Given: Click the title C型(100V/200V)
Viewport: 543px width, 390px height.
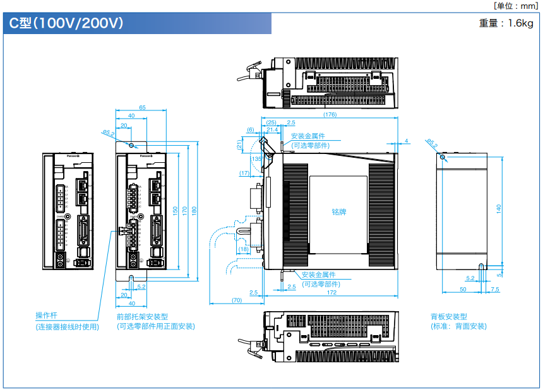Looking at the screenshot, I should pos(66,23).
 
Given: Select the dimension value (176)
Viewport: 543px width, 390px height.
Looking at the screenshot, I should pos(329,115).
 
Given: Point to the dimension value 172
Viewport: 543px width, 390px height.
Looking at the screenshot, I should pos(331,292).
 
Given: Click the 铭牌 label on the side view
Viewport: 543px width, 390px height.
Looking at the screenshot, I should pos(339,212).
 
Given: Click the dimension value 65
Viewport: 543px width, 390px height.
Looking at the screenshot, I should pos(142,108).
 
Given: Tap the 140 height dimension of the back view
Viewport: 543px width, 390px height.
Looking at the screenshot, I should pos(498,210).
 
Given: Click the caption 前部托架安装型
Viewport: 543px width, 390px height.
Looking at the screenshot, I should pos(142,317).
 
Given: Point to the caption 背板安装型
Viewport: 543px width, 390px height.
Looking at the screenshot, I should pos(449,317).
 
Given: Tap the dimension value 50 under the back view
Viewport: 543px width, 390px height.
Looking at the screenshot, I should pos(462,289).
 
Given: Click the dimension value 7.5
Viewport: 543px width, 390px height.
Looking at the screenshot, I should pos(494,289).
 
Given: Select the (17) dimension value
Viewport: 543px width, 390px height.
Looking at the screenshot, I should pos(245,173).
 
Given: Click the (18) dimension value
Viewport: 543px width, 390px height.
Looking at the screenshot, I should pos(244,249).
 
